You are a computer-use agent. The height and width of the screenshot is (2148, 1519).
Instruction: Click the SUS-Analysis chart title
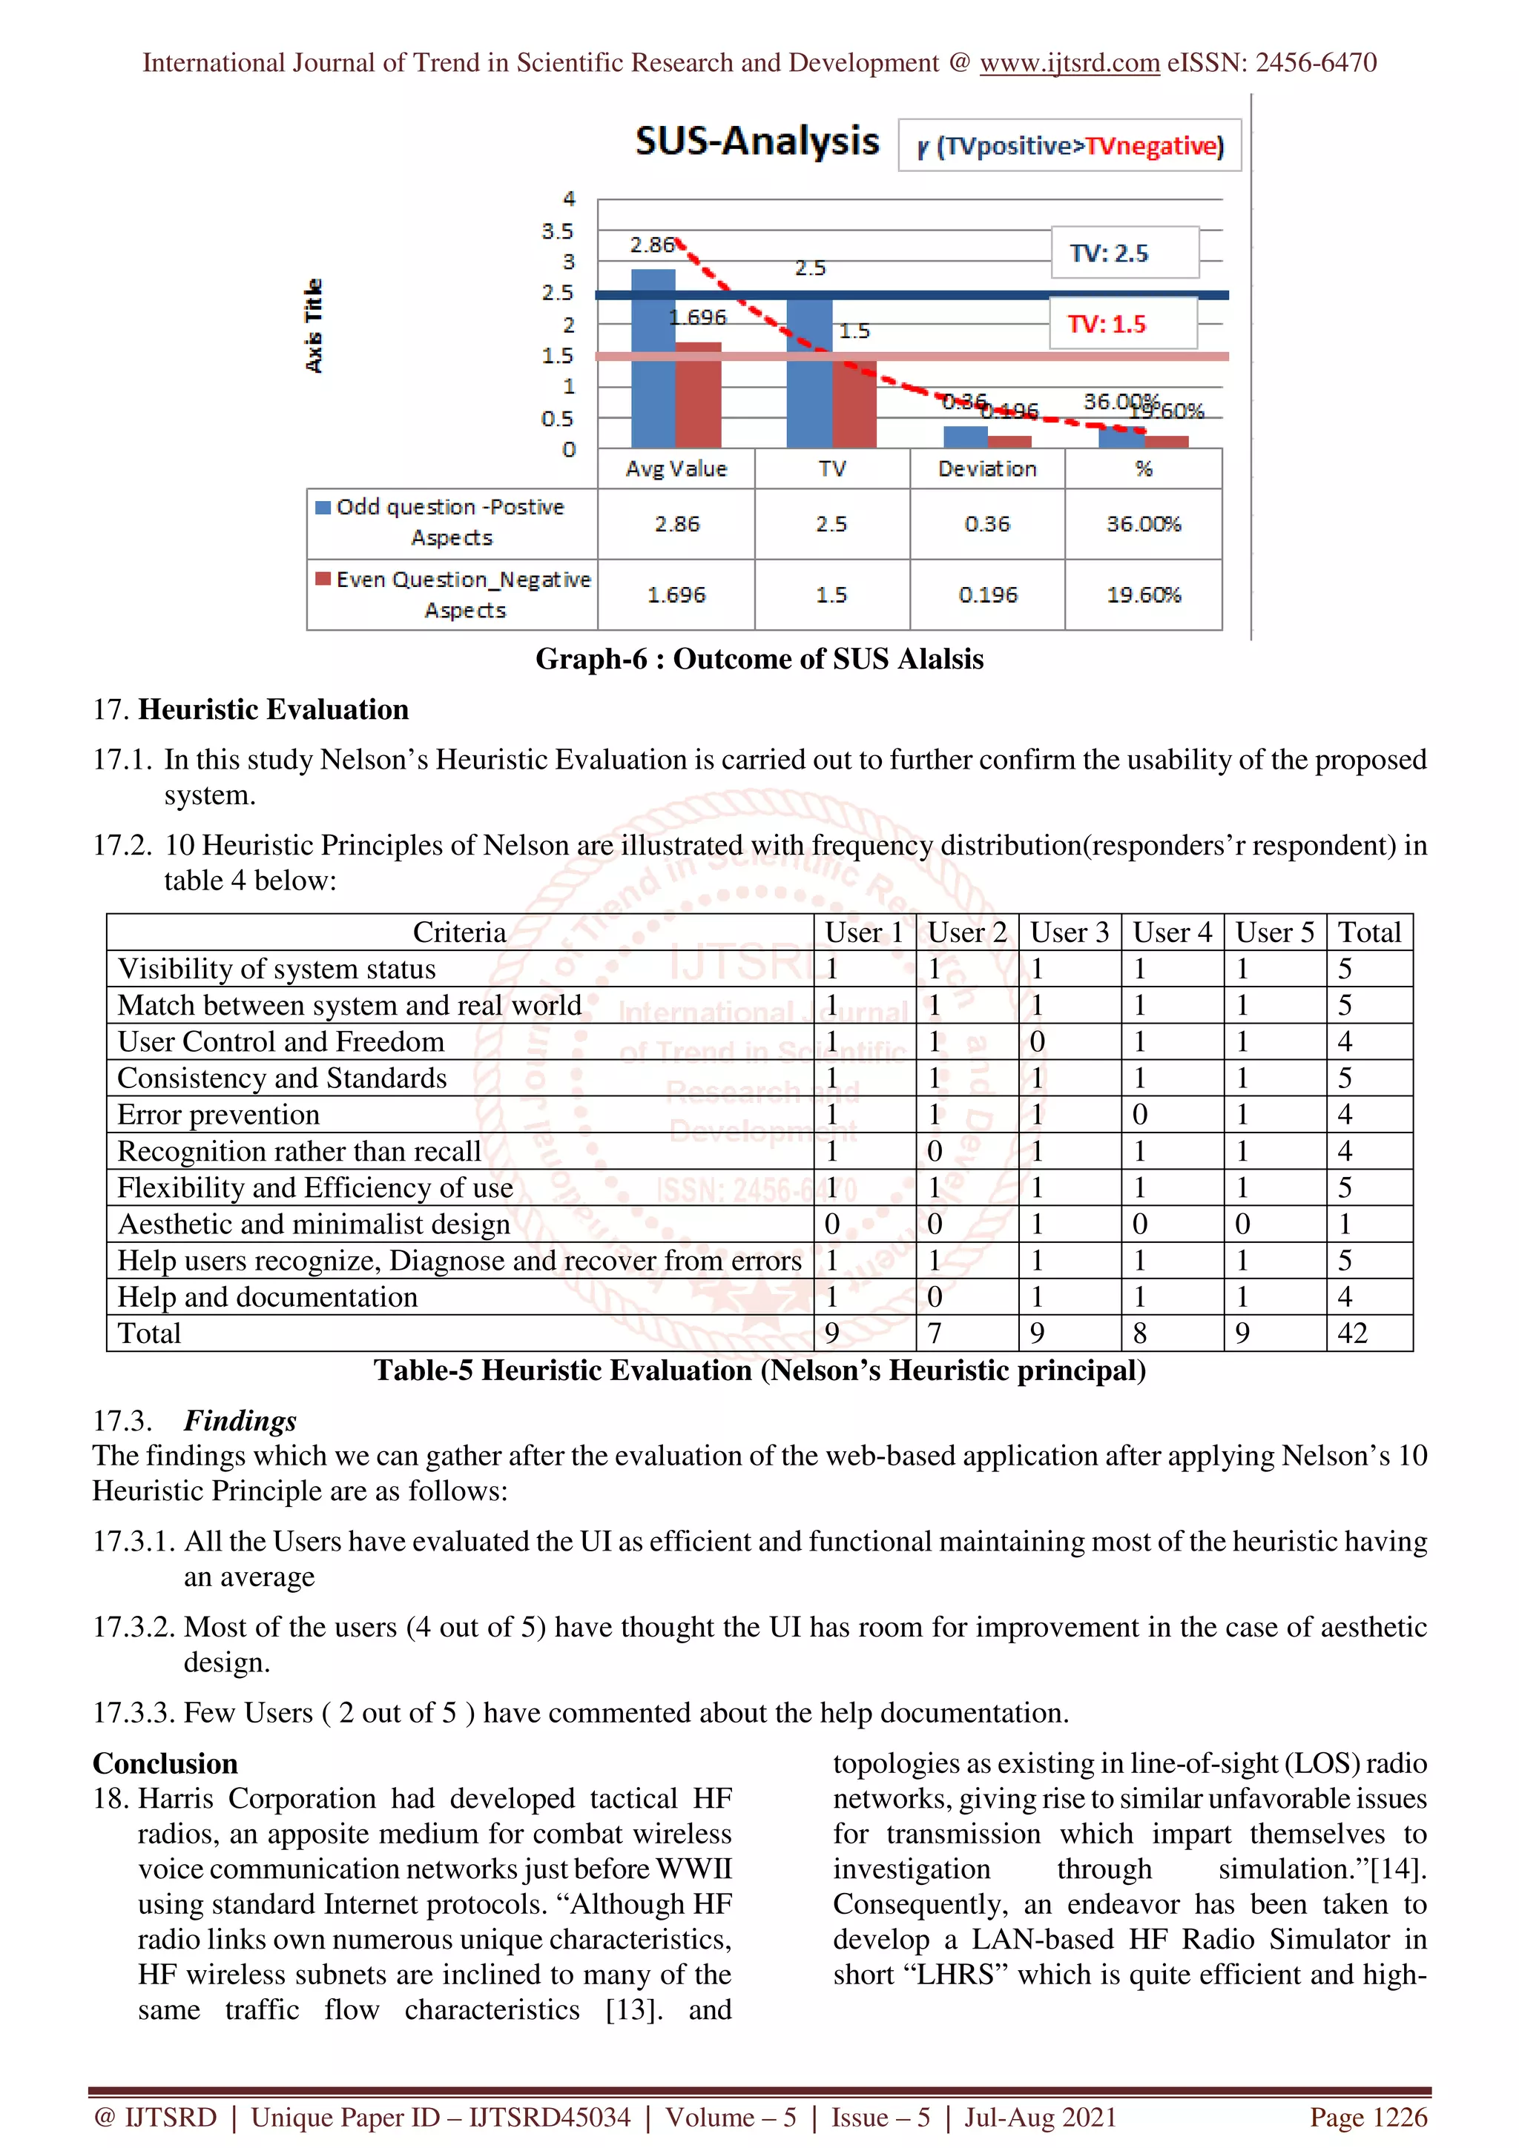pos(757,142)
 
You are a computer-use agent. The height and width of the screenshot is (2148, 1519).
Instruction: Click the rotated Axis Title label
pos(314,325)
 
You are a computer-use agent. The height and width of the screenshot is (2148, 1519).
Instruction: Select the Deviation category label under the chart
pos(986,468)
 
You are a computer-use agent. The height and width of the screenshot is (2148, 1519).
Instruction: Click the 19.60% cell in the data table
pos(1143,595)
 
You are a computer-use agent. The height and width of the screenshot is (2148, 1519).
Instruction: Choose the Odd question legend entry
pos(450,521)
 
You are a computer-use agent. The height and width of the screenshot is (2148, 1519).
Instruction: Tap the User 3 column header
pos(1069,932)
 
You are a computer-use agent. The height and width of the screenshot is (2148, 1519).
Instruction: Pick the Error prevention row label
pos(218,1114)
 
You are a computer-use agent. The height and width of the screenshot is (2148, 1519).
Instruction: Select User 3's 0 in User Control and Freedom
pos(1037,1041)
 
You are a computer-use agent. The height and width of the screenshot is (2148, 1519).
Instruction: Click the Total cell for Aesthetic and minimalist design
pos(1345,1224)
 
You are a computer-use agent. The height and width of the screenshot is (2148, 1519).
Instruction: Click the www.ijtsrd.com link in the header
pos(1069,63)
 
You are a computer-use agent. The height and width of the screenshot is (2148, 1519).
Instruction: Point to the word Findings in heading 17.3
pos(240,1420)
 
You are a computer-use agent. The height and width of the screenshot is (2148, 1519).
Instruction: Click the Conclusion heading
pos(165,1763)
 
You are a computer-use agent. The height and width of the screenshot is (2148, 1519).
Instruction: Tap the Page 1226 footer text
pos(1368,2117)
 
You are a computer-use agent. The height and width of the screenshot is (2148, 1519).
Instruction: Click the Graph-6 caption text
pos(759,659)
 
